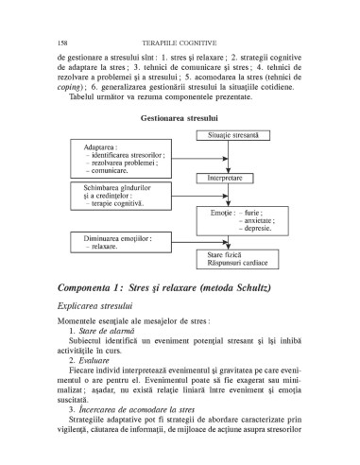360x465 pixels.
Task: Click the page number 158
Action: pyautogui.click(x=62, y=43)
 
